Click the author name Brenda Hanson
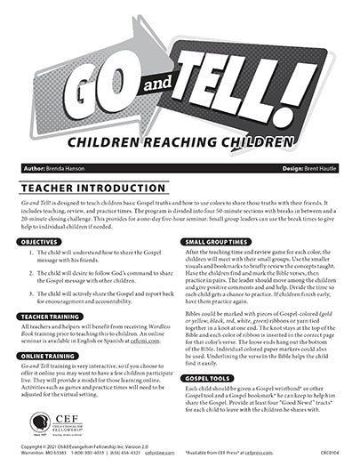pos(79,166)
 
